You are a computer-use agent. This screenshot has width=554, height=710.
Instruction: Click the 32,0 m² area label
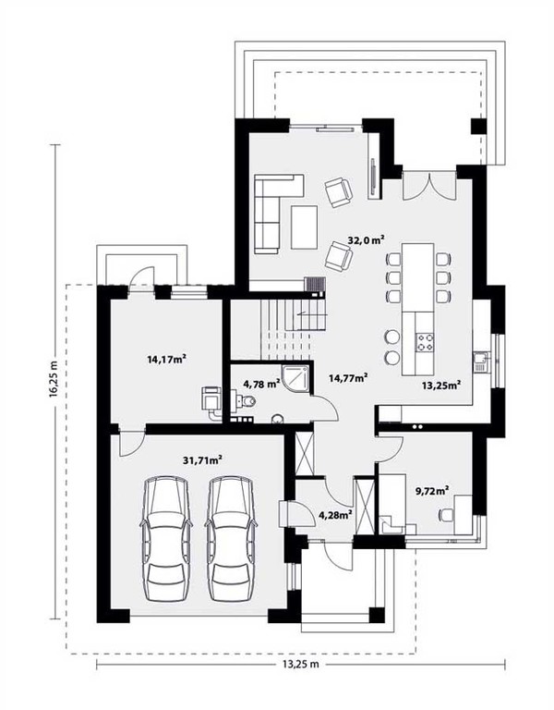click(367, 240)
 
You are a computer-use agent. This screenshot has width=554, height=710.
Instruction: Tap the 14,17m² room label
click(167, 360)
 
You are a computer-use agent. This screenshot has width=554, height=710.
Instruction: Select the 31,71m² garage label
click(202, 460)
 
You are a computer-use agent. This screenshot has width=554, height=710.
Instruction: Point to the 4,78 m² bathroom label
click(261, 385)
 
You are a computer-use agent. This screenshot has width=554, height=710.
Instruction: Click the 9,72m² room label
click(432, 489)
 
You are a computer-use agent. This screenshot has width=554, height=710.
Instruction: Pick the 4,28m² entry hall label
click(335, 515)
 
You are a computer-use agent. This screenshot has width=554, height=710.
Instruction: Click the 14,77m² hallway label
click(347, 378)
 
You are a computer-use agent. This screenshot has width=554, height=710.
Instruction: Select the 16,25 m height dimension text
click(54, 379)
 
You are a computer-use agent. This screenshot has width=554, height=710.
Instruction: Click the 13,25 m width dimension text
click(301, 665)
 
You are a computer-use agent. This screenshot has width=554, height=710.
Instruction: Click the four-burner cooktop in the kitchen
click(425, 342)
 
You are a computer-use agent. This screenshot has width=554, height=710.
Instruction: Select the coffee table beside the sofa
click(304, 226)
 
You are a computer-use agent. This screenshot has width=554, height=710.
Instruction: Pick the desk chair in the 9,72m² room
click(446, 515)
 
